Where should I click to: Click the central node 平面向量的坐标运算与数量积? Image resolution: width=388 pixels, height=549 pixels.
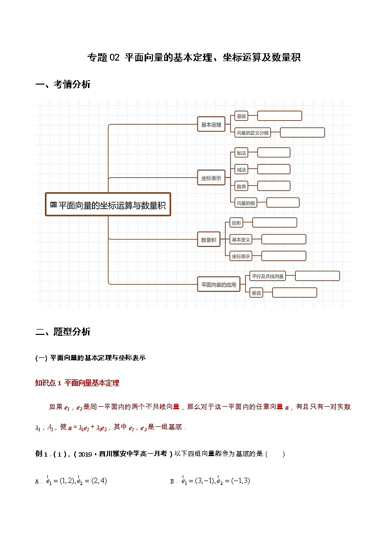(108, 206)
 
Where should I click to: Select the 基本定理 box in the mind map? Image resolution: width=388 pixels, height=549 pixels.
(211, 125)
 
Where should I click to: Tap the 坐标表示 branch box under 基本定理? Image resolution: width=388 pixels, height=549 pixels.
(211, 178)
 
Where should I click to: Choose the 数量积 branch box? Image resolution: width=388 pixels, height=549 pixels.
(209, 240)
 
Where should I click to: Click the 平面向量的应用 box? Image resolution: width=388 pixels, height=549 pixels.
(218, 284)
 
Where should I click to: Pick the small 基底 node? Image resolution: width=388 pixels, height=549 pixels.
(241, 116)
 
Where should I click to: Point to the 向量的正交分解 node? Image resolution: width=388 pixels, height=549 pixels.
(252, 132)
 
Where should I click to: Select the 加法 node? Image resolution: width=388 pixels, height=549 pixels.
(241, 153)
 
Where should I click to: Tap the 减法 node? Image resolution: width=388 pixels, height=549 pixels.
(241, 170)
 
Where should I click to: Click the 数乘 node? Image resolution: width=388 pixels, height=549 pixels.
(241, 186)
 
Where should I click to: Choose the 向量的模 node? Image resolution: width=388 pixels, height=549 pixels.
(246, 203)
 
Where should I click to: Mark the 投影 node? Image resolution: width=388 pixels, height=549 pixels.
(237, 223)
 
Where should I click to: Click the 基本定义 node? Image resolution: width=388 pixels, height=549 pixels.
(241, 240)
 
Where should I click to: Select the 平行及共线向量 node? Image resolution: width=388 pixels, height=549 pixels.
(267, 276)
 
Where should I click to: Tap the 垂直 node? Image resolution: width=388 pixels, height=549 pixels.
(256, 293)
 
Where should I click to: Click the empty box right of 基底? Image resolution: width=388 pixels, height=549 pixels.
(280, 116)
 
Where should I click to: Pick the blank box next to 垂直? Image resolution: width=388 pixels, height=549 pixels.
(294, 293)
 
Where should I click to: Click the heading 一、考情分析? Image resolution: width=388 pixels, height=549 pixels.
(63, 85)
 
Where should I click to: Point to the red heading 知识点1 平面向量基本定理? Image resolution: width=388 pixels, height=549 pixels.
(77, 383)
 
